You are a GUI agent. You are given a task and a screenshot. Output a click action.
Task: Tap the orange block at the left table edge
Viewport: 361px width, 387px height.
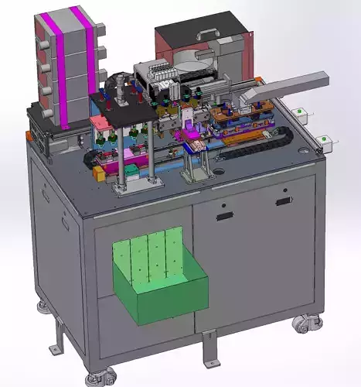point(98,173)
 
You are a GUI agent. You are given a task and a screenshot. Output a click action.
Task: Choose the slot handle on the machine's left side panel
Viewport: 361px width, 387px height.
point(46,194)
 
